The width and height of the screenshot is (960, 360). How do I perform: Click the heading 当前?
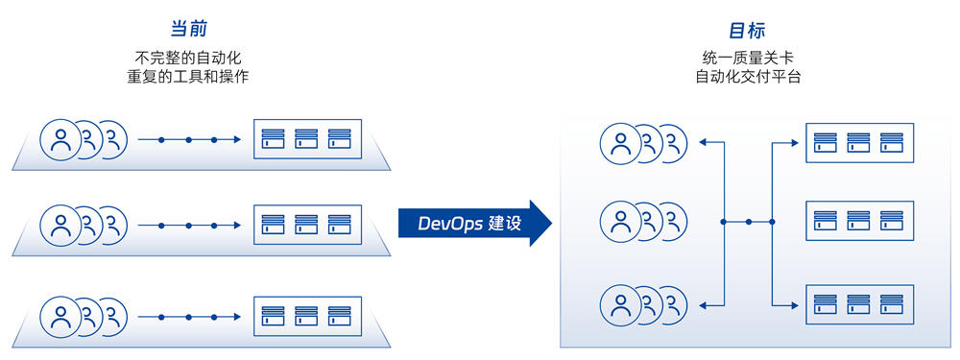pyautogui.click(x=188, y=30)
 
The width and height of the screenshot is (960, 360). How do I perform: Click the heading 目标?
pyautogui.click(x=747, y=30)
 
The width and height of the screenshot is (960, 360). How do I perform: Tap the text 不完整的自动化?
pyautogui.click(x=188, y=59)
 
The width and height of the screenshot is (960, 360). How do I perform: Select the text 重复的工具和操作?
pyautogui.click(x=188, y=77)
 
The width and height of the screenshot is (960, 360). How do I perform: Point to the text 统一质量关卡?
pyautogui.click(x=748, y=59)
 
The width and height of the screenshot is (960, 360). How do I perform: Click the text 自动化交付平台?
pyautogui.click(x=748, y=77)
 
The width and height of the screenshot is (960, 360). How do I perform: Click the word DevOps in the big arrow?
pyautogui.click(x=450, y=224)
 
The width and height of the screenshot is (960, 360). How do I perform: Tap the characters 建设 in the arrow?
pyautogui.click(x=505, y=224)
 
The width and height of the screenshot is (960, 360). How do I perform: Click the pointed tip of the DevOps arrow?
pyautogui.click(x=552, y=223)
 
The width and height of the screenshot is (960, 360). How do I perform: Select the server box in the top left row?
pyautogui.click(x=307, y=139)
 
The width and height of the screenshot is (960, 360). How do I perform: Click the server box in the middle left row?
pyautogui.click(x=307, y=226)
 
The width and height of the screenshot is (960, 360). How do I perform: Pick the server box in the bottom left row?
pyautogui.click(x=307, y=317)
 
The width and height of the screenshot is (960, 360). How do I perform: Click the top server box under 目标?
pyautogui.click(x=859, y=143)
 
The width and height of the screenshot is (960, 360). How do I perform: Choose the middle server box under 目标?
pyautogui.click(x=859, y=221)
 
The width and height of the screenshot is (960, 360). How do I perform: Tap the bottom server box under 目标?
pyautogui.click(x=859, y=305)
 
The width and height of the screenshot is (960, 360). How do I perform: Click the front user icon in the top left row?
pyautogui.click(x=60, y=139)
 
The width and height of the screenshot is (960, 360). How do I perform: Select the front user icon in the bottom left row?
pyautogui.click(x=60, y=317)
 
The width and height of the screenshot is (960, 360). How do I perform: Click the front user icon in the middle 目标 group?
pyautogui.click(x=621, y=223)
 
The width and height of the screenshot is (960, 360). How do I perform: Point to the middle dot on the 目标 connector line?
pyautogui.click(x=748, y=222)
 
